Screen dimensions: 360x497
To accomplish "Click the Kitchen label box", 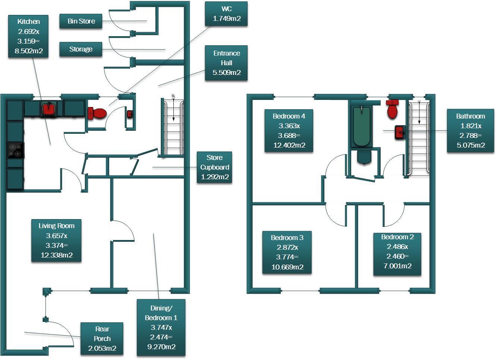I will coord(28,36).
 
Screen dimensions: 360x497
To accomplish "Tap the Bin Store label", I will coord(81,21).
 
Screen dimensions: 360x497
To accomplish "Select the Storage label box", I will coord(81,49).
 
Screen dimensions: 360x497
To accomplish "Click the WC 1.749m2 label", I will coord(226,14).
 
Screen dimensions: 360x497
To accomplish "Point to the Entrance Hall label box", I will coord(226,63).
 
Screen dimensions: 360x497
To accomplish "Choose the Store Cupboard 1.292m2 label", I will coord(214,167).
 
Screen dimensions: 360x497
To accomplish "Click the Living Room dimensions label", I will coord(56,240).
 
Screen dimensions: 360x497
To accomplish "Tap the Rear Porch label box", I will coord(102,338).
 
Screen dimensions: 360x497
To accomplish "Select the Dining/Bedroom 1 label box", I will coord(161,327).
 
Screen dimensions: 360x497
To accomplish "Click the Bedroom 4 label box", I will coord(289,130).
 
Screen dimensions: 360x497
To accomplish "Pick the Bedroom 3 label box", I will coord(287,252).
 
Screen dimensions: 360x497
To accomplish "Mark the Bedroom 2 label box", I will coord(397,252).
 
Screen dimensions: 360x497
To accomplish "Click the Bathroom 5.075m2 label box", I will coord(470,130).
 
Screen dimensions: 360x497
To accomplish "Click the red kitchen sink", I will coord(48,109).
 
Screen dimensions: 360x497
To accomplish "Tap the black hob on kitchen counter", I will coord(16,150).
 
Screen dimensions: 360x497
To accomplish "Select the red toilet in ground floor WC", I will coord(97,113).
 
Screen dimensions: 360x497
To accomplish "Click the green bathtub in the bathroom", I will coord(361,126).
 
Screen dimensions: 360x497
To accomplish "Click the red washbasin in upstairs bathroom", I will coord(400,132).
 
